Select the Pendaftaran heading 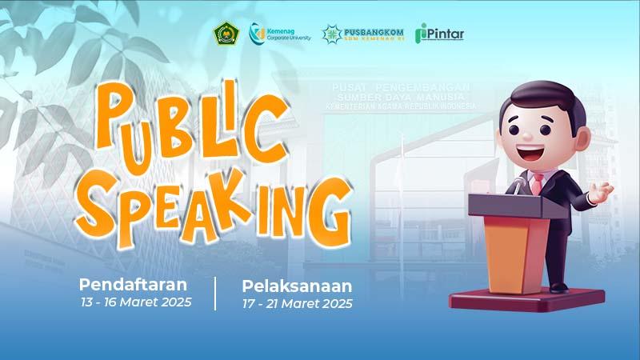(133, 285)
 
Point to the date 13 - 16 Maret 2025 (135, 302)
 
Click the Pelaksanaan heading (297, 286)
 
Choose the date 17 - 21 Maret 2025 (297, 304)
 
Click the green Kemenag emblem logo (224, 34)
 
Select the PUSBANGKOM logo (362, 34)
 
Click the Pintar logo (439, 34)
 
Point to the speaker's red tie (537, 185)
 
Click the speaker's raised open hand (599, 191)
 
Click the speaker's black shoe (559, 287)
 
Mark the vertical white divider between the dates (215, 294)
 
